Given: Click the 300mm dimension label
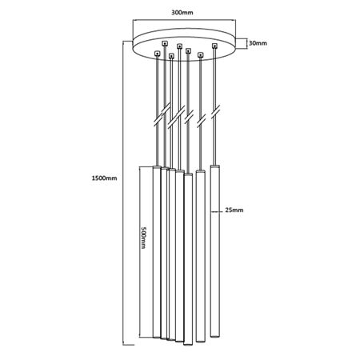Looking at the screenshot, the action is pos(182,13).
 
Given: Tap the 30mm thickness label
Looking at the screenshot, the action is pos(258,43).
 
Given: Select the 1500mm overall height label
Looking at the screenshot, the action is pos(104,178).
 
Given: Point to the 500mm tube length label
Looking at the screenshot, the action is pos(143,238).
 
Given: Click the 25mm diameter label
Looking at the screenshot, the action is pos(234,210).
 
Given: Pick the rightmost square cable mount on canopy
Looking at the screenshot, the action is pos(214,46).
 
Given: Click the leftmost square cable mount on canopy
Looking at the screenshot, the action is pos(158,54).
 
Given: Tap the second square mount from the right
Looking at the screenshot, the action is pos(201,55).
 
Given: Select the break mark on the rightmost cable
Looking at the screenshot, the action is pos(215,112).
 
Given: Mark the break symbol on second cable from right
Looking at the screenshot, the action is pos(202,121).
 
